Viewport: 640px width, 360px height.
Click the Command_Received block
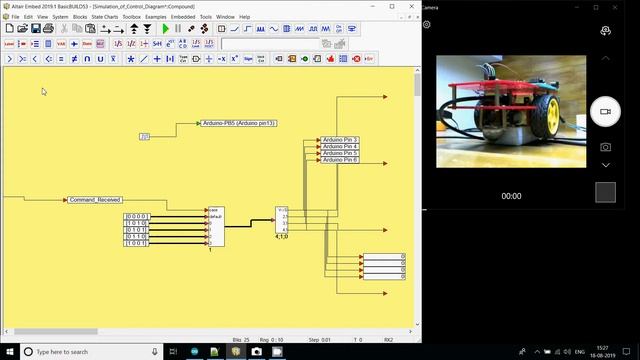click(x=95, y=200)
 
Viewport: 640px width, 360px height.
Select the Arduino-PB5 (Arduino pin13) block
click(x=239, y=123)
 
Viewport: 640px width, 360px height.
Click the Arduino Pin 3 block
click(x=341, y=140)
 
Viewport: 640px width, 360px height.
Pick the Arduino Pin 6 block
click(x=341, y=160)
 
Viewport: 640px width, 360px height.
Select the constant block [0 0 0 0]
click(x=135, y=216)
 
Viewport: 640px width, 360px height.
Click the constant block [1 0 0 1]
click(x=135, y=242)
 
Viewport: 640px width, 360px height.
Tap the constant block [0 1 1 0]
click(x=135, y=236)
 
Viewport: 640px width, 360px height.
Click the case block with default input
click(x=215, y=225)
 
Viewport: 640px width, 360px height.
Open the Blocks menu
click(x=80, y=17)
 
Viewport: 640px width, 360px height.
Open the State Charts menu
click(x=105, y=17)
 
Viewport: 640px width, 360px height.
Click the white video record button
click(x=604, y=112)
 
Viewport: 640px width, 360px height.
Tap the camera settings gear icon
click(x=427, y=24)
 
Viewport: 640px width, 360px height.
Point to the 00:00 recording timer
click(x=511, y=196)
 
